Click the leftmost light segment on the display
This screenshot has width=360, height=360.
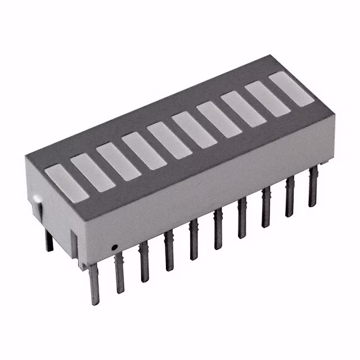click(67, 183)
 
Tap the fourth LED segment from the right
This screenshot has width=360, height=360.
click(218, 119)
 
